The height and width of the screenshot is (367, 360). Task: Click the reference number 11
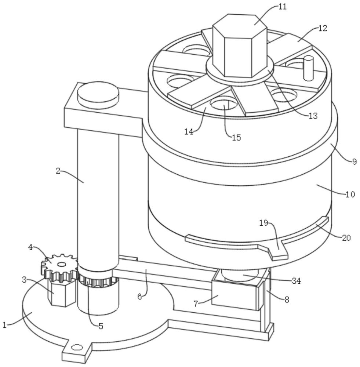click(x=283, y=7)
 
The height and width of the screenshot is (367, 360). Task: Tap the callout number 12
click(x=323, y=28)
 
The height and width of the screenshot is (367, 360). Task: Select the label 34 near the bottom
click(x=296, y=281)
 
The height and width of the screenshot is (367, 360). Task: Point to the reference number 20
click(x=346, y=238)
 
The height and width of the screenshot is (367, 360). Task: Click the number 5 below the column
click(x=101, y=326)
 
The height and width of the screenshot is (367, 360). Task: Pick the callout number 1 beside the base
click(x=4, y=325)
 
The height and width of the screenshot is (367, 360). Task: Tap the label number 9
click(x=354, y=161)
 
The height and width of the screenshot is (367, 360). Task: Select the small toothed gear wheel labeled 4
click(x=60, y=267)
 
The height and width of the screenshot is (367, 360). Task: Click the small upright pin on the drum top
click(x=308, y=68)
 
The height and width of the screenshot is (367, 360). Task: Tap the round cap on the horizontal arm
click(x=98, y=95)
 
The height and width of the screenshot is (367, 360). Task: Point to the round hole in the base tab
click(x=77, y=347)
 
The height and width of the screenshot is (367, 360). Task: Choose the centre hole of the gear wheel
click(x=62, y=264)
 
